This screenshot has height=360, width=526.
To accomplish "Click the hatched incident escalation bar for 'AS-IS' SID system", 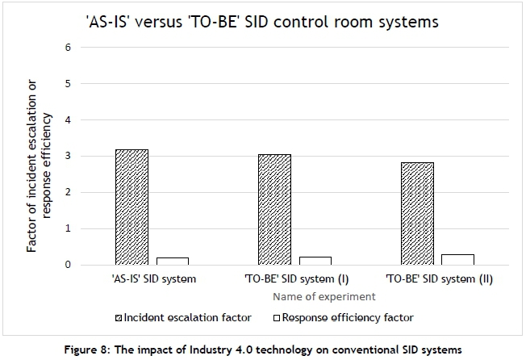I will coord(131,207).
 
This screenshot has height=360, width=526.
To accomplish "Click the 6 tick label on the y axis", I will coord(68,48).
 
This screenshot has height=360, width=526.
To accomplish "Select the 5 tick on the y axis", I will coord(68,84).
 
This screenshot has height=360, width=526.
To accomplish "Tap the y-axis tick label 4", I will coord(68,120).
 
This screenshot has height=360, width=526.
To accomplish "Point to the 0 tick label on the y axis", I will coord(68,265).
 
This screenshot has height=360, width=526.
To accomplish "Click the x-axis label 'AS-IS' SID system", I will coord(150,279).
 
